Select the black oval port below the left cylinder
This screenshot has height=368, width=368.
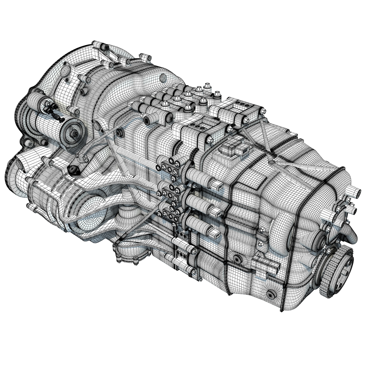click(x=73, y=169)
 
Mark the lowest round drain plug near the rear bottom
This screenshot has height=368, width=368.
click(x=270, y=294)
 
